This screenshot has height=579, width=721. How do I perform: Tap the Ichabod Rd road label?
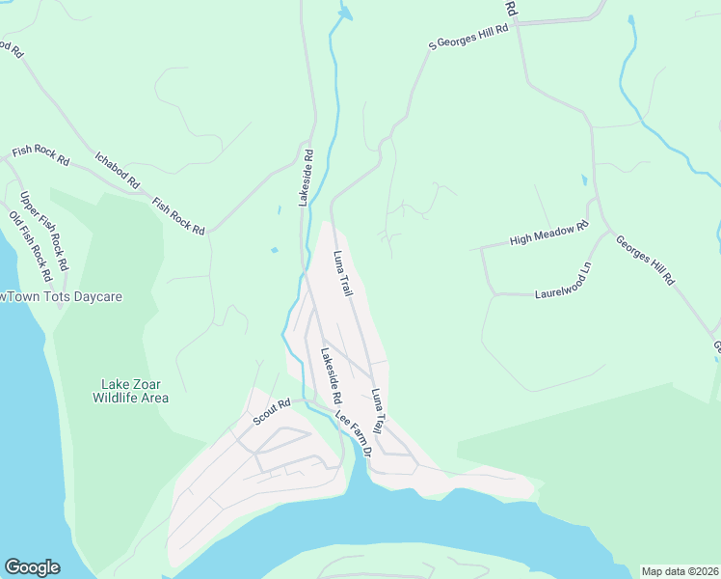(117, 169)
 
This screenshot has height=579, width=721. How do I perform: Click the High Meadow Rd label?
(548, 234)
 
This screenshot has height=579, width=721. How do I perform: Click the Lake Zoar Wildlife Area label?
(130, 390)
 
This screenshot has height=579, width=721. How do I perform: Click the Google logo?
(32, 567)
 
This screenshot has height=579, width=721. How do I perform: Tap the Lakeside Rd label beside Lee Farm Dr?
(331, 375)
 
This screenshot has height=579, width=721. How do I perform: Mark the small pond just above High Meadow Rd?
(583, 180)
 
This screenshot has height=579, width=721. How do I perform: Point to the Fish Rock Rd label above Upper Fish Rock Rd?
(40, 154)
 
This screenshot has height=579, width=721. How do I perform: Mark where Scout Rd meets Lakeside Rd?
(306, 398)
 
